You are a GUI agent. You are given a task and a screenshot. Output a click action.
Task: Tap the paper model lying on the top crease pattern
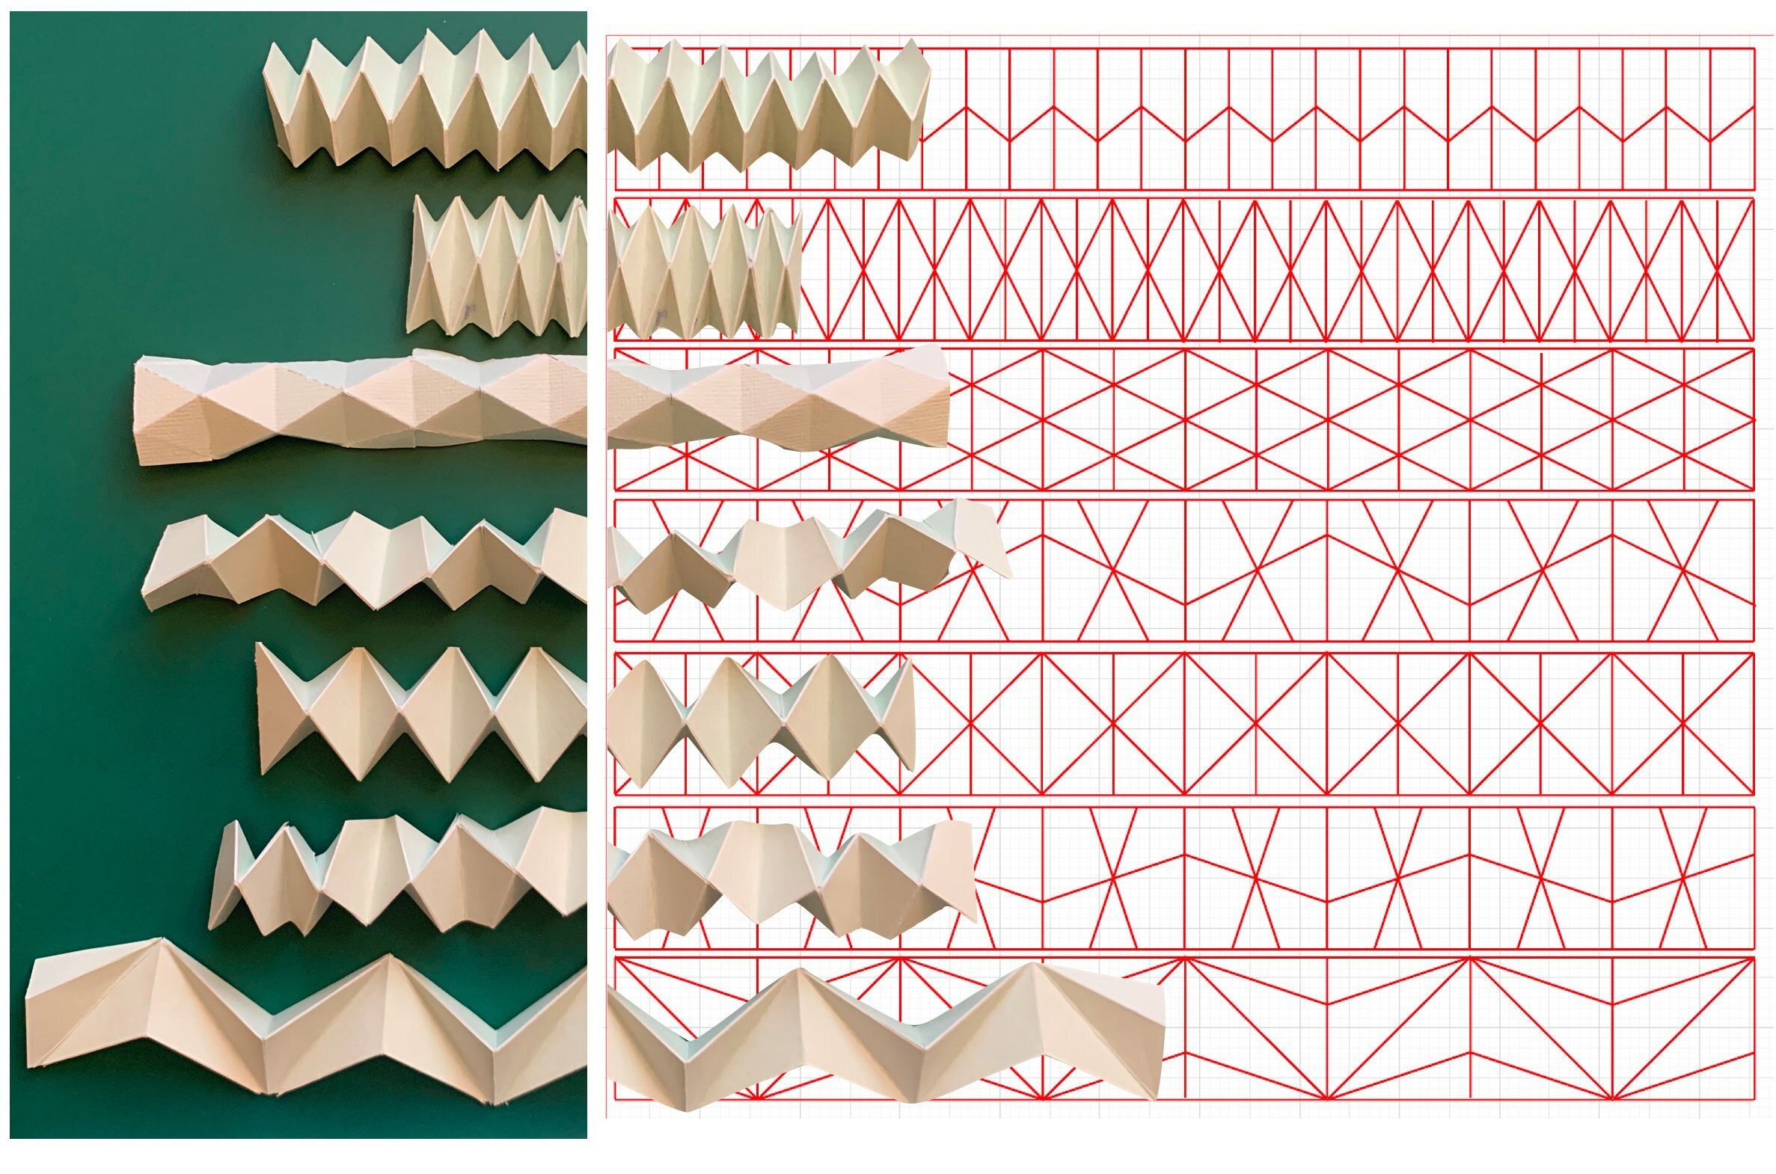[764, 105]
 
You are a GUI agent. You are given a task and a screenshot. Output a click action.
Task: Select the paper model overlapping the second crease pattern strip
[704, 269]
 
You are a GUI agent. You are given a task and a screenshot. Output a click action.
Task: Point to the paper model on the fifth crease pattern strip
[756, 719]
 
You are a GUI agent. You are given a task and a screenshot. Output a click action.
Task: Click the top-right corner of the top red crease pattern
[1754, 49]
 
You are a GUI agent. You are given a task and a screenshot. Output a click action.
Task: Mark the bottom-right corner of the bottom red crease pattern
[1754, 1099]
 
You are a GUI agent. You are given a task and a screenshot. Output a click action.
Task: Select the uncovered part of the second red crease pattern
[1273, 269]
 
